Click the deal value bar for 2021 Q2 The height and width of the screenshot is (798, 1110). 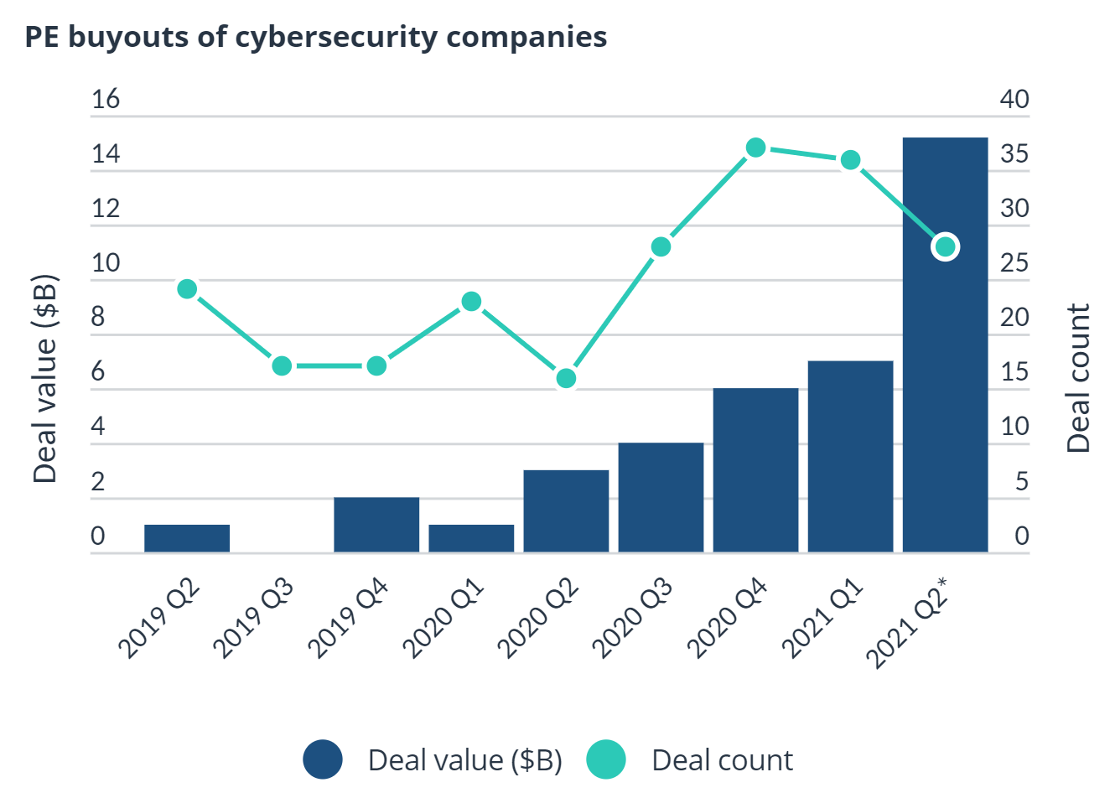coord(945,377)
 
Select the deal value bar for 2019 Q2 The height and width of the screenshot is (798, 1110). coord(187,538)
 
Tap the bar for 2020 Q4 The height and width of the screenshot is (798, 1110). coord(755,469)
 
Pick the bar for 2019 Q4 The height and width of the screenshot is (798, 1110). coord(376,525)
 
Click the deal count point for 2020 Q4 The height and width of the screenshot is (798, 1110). coord(755,148)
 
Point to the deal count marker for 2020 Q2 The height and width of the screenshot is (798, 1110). coord(566,378)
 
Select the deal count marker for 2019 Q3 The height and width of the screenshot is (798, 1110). coord(282,365)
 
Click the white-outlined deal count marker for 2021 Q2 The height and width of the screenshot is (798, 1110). coord(945,246)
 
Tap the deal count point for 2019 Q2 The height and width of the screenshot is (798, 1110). coord(187,289)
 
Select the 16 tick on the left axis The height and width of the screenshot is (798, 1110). coord(106,99)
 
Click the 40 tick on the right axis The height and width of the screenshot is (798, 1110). coord(1014,99)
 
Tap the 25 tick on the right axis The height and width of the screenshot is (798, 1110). coord(1014,262)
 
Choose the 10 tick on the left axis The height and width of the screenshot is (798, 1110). coord(106,262)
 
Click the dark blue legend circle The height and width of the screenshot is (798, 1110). coord(323,760)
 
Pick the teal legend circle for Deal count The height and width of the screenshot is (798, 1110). coord(605,760)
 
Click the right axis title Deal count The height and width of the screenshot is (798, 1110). coord(1079,378)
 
